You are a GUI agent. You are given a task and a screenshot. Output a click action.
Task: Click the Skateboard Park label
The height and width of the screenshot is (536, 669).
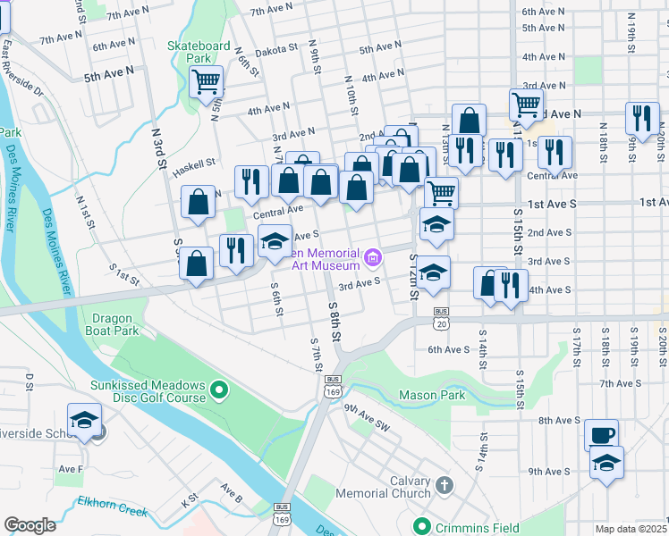(199, 52)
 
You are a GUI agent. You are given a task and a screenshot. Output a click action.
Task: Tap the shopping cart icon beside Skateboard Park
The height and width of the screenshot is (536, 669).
(207, 82)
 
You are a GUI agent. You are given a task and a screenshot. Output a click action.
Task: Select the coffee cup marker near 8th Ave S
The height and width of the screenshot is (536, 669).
(601, 435)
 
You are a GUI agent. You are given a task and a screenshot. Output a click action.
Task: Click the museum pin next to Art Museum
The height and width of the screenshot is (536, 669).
(373, 259)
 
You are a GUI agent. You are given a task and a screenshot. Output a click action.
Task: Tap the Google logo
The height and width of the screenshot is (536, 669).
(30, 524)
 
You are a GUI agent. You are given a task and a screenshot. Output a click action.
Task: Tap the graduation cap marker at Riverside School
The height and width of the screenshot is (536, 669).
(84, 420)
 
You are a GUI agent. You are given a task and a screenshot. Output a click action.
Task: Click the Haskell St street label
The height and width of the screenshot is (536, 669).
(194, 163)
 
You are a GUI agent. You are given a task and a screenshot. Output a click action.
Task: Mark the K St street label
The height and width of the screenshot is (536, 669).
(189, 498)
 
